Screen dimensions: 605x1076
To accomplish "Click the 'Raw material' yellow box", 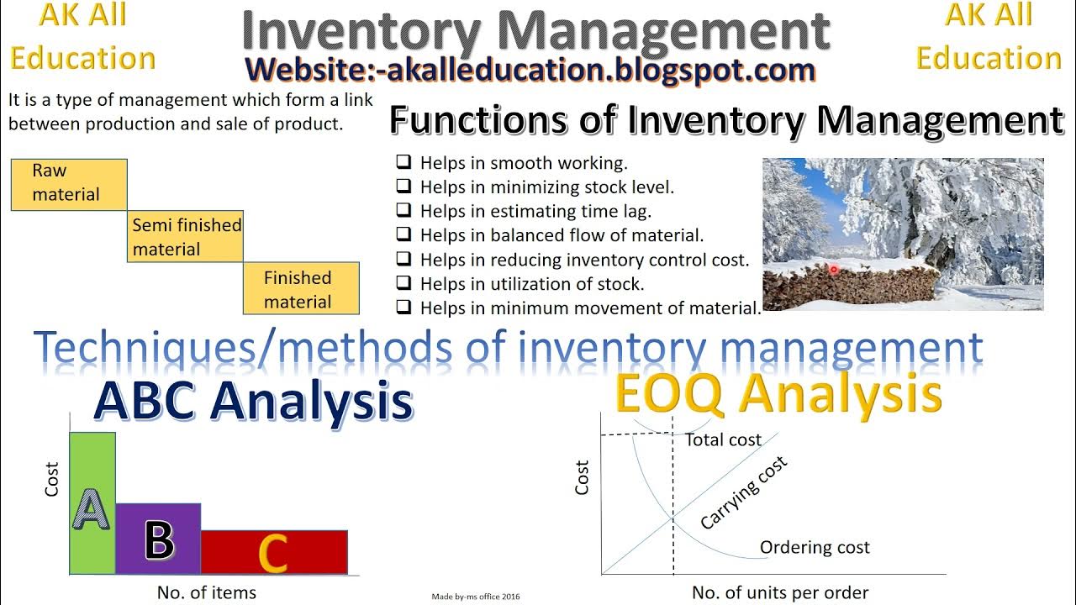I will coord(69,183).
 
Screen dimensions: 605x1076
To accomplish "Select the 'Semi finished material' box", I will coord(185,237).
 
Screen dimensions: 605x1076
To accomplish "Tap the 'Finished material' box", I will coord(301,289).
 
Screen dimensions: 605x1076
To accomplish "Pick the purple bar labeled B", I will coord(158,539).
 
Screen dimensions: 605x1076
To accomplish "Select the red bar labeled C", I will coord(273,552).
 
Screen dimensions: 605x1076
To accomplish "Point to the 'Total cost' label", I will coord(723,439).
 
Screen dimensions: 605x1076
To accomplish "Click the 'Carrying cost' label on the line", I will coord(744,493).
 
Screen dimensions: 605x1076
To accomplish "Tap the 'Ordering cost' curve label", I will coord(815,548).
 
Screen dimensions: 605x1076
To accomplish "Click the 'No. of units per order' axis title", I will coord(780,592).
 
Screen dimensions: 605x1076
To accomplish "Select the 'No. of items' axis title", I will coord(207,592).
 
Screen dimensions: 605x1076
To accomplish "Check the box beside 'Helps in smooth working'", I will coord(403,163).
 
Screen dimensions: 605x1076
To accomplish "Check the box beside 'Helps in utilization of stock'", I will coord(403,284).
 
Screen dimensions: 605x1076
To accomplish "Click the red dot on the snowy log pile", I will coord(833,270).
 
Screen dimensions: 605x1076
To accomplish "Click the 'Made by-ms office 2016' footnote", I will coord(476,597).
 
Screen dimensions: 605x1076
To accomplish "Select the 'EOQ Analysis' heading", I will coord(778,393).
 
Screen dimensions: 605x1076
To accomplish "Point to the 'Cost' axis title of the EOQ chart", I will coord(582,477).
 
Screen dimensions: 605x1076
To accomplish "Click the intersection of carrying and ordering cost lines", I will coord(673,519).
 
